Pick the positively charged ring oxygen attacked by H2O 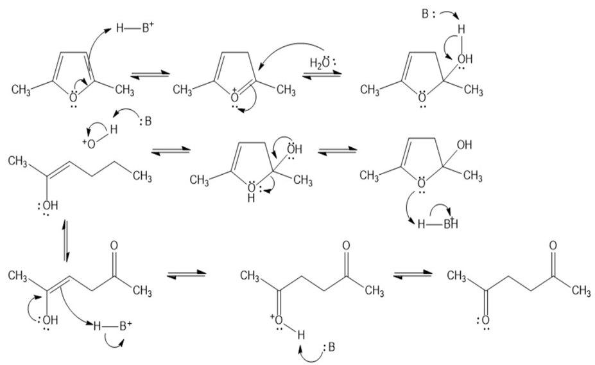236,97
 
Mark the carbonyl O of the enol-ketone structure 114,245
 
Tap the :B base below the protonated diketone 329,347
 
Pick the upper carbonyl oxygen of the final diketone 552,245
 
